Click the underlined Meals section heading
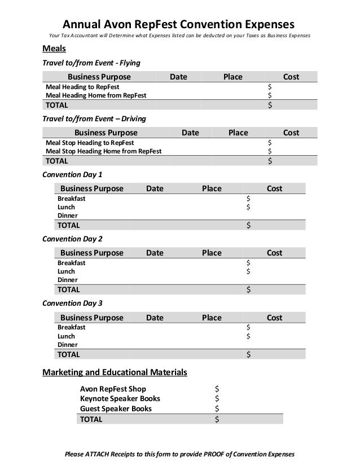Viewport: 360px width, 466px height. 55,49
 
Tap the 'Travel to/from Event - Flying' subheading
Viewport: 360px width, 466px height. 91,62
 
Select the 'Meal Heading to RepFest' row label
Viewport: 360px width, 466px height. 82,87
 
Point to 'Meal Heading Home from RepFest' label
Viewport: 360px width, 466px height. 96,96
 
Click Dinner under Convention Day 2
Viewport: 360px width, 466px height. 68,280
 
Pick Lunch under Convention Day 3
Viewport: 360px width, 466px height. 67,336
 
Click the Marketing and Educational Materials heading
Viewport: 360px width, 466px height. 115,373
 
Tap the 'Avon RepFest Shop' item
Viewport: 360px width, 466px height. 113,389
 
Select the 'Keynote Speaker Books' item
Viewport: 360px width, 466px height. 120,399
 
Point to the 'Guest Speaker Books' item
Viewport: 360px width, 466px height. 116,408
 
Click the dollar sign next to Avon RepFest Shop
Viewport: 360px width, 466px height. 218,389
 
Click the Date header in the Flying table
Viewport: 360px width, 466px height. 178,77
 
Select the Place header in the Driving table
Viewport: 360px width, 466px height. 238,133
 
